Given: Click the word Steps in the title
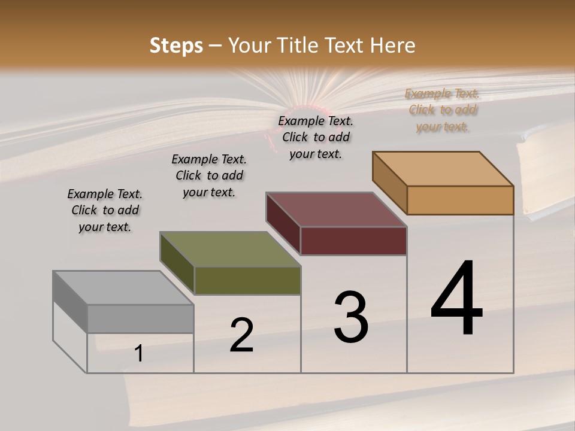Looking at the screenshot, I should [176, 45].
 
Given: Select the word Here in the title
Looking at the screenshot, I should [393, 45].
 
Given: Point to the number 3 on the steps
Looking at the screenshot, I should [351, 317].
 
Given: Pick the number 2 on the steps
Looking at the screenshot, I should [241, 335].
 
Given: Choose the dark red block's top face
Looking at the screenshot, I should [336, 210].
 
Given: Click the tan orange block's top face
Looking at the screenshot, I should [443, 169].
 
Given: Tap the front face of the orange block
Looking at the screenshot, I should [460, 200].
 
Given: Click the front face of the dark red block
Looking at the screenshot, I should [353, 241].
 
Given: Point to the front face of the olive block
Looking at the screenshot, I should [247, 280].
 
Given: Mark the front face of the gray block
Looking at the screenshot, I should [140, 318].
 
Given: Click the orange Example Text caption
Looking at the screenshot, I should [442, 110].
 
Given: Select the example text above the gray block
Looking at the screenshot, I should [105, 210].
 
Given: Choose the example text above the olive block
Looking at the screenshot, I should [209, 175].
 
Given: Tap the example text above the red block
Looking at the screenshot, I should [316, 137].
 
